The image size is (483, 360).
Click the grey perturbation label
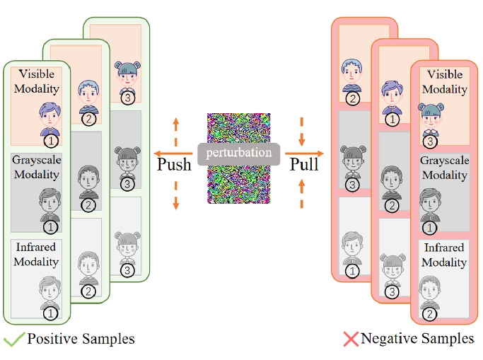click(239, 152)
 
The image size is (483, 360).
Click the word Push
click(174, 166)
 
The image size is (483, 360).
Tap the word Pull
click(305, 166)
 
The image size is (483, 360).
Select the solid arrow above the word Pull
click(303, 152)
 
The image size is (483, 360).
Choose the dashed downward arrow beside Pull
click(302, 127)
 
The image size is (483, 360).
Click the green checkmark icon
click(13, 339)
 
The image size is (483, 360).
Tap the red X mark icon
click(351, 339)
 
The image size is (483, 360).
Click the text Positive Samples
click(81, 339)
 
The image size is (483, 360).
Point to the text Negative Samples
click(417, 339)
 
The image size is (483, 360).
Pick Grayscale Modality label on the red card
click(444, 168)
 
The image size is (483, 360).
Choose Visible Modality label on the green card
click(40, 81)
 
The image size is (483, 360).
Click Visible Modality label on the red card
click(444, 81)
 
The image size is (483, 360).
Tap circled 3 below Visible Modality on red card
click(429, 141)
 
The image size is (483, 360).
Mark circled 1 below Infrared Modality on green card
click(50, 313)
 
